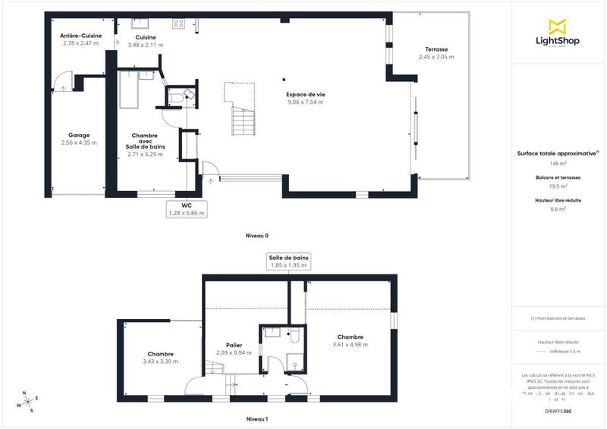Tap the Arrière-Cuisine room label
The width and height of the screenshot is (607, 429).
click(x=81, y=36)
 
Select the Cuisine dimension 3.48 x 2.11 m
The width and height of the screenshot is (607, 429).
click(x=146, y=44)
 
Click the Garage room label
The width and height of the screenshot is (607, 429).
click(x=79, y=136)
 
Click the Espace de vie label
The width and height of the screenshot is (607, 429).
click(x=305, y=95)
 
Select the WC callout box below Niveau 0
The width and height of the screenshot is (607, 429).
click(x=187, y=209)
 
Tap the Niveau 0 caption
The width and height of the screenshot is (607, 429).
click(x=257, y=236)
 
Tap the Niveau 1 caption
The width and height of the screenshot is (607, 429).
click(x=257, y=418)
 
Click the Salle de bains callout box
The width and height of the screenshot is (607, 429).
click(x=288, y=261)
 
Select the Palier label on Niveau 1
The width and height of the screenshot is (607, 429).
click(x=234, y=345)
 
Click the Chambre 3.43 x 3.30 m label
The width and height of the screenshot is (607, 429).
click(x=160, y=354)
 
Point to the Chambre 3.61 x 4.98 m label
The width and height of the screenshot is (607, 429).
click(x=350, y=337)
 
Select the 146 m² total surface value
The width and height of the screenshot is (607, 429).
click(x=558, y=163)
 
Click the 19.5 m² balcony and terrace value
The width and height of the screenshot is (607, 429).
click(x=558, y=186)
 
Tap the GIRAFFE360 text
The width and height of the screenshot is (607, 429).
click(x=558, y=411)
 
